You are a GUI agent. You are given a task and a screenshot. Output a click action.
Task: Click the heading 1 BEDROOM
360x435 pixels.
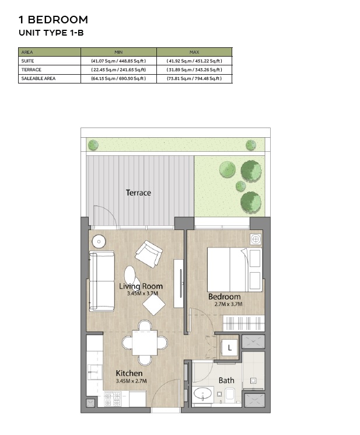click(54, 20)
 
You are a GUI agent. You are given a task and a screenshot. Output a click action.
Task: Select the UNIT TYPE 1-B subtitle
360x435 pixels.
click(51, 33)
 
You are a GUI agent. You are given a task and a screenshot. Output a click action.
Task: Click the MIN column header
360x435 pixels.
click(118, 52)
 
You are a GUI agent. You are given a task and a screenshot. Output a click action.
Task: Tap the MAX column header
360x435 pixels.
click(194, 52)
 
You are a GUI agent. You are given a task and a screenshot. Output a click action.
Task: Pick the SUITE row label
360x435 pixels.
click(27, 61)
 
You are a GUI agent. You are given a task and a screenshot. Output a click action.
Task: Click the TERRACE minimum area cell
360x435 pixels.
click(118, 69)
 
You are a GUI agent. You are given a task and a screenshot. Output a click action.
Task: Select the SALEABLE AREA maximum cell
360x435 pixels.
click(194, 78)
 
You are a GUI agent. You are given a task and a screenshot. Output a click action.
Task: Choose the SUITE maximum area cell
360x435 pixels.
click(194, 61)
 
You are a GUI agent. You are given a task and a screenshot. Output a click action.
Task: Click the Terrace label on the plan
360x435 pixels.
click(138, 192)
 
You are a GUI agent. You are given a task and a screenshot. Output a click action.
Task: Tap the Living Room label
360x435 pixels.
click(141, 286)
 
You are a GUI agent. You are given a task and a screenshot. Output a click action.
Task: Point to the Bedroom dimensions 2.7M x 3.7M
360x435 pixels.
click(225, 304)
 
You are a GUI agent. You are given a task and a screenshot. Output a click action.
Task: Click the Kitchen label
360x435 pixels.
click(129, 373)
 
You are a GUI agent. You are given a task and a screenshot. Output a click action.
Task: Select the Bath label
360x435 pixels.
click(226, 380)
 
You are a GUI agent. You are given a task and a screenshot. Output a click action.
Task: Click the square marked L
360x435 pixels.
click(230, 347)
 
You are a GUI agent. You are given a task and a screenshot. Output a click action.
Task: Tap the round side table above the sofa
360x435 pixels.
click(99, 241)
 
